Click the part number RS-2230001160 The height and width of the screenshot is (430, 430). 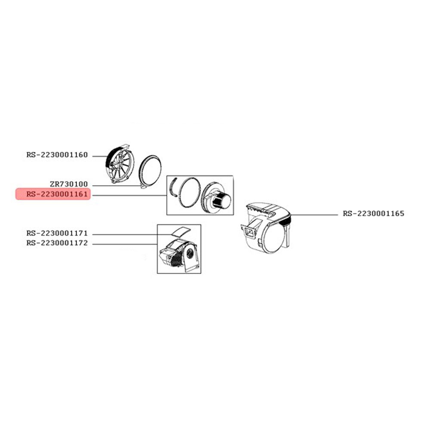(x=57, y=155)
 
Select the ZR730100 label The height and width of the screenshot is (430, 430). (x=69, y=184)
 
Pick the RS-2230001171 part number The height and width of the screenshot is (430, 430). (x=57, y=233)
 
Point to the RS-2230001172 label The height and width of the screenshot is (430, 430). (x=57, y=243)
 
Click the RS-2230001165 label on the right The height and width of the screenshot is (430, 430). (x=374, y=214)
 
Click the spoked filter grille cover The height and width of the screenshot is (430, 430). (x=120, y=163)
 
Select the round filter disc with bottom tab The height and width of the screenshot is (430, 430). (x=150, y=172)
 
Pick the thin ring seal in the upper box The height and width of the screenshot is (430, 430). (x=189, y=192)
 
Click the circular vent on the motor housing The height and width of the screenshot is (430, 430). (x=190, y=254)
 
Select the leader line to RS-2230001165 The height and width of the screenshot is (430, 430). (x=314, y=215)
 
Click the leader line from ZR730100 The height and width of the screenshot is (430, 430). (x=117, y=186)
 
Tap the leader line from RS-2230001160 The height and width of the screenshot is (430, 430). (x=100, y=157)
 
